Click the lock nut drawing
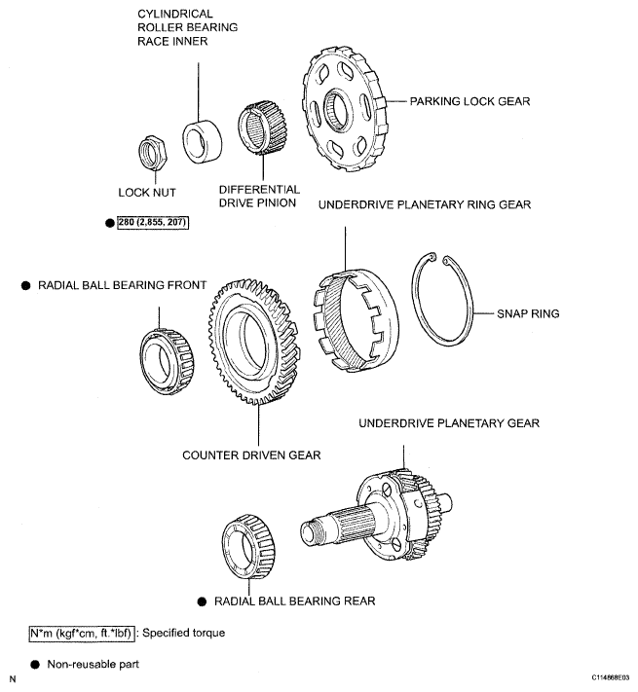[152, 153]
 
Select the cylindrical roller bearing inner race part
[203, 142]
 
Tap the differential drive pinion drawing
[262, 128]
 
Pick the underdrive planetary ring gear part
[356, 321]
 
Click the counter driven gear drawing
[255, 342]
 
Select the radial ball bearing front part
[168, 361]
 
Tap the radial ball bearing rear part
[248, 546]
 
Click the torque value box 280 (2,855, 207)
[153, 223]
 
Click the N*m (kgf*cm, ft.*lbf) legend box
[82, 634]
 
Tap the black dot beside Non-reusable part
[35, 665]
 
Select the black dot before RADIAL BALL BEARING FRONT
[26, 285]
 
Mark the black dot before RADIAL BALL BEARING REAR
[202, 601]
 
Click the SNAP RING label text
[528, 313]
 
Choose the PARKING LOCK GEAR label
[469, 101]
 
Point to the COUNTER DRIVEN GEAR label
[251, 455]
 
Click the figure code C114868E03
[611, 677]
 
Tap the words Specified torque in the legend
[184, 633]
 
